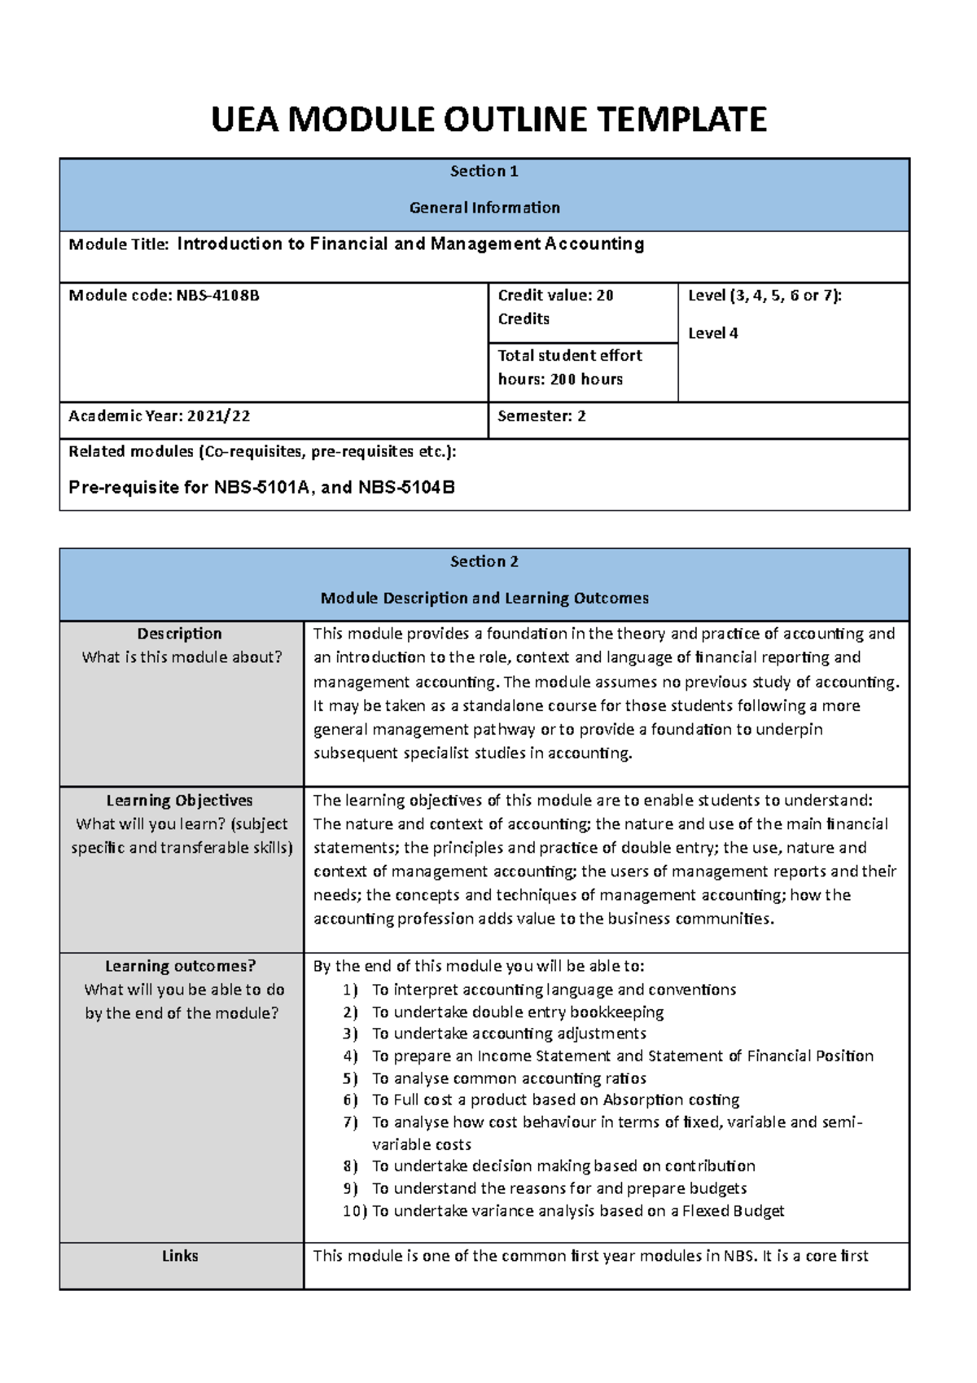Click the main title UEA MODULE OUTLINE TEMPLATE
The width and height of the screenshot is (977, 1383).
point(488,120)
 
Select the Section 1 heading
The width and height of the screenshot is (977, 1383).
point(484,171)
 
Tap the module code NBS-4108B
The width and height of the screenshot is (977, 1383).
point(217,296)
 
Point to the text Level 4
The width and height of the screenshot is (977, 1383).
point(713,333)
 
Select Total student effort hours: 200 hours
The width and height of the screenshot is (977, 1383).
point(569,367)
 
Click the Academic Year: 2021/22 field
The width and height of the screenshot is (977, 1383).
point(160,416)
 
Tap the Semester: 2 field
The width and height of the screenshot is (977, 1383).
point(541,416)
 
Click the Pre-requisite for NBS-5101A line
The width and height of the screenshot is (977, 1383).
point(261,488)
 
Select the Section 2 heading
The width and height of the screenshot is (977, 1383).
point(484,561)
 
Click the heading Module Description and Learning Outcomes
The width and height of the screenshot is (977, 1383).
point(484,598)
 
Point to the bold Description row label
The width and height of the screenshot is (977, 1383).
point(179,634)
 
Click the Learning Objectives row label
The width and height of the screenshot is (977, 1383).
point(179,801)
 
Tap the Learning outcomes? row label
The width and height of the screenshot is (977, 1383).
point(180,966)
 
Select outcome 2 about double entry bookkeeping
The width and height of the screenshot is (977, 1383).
point(517,1012)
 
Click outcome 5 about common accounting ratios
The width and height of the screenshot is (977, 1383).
point(509,1078)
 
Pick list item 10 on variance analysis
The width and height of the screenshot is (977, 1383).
point(577,1211)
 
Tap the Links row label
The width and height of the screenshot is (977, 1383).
point(180,1256)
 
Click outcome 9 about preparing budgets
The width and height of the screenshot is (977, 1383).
point(559,1188)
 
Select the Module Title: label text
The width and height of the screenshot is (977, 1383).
point(119,244)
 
